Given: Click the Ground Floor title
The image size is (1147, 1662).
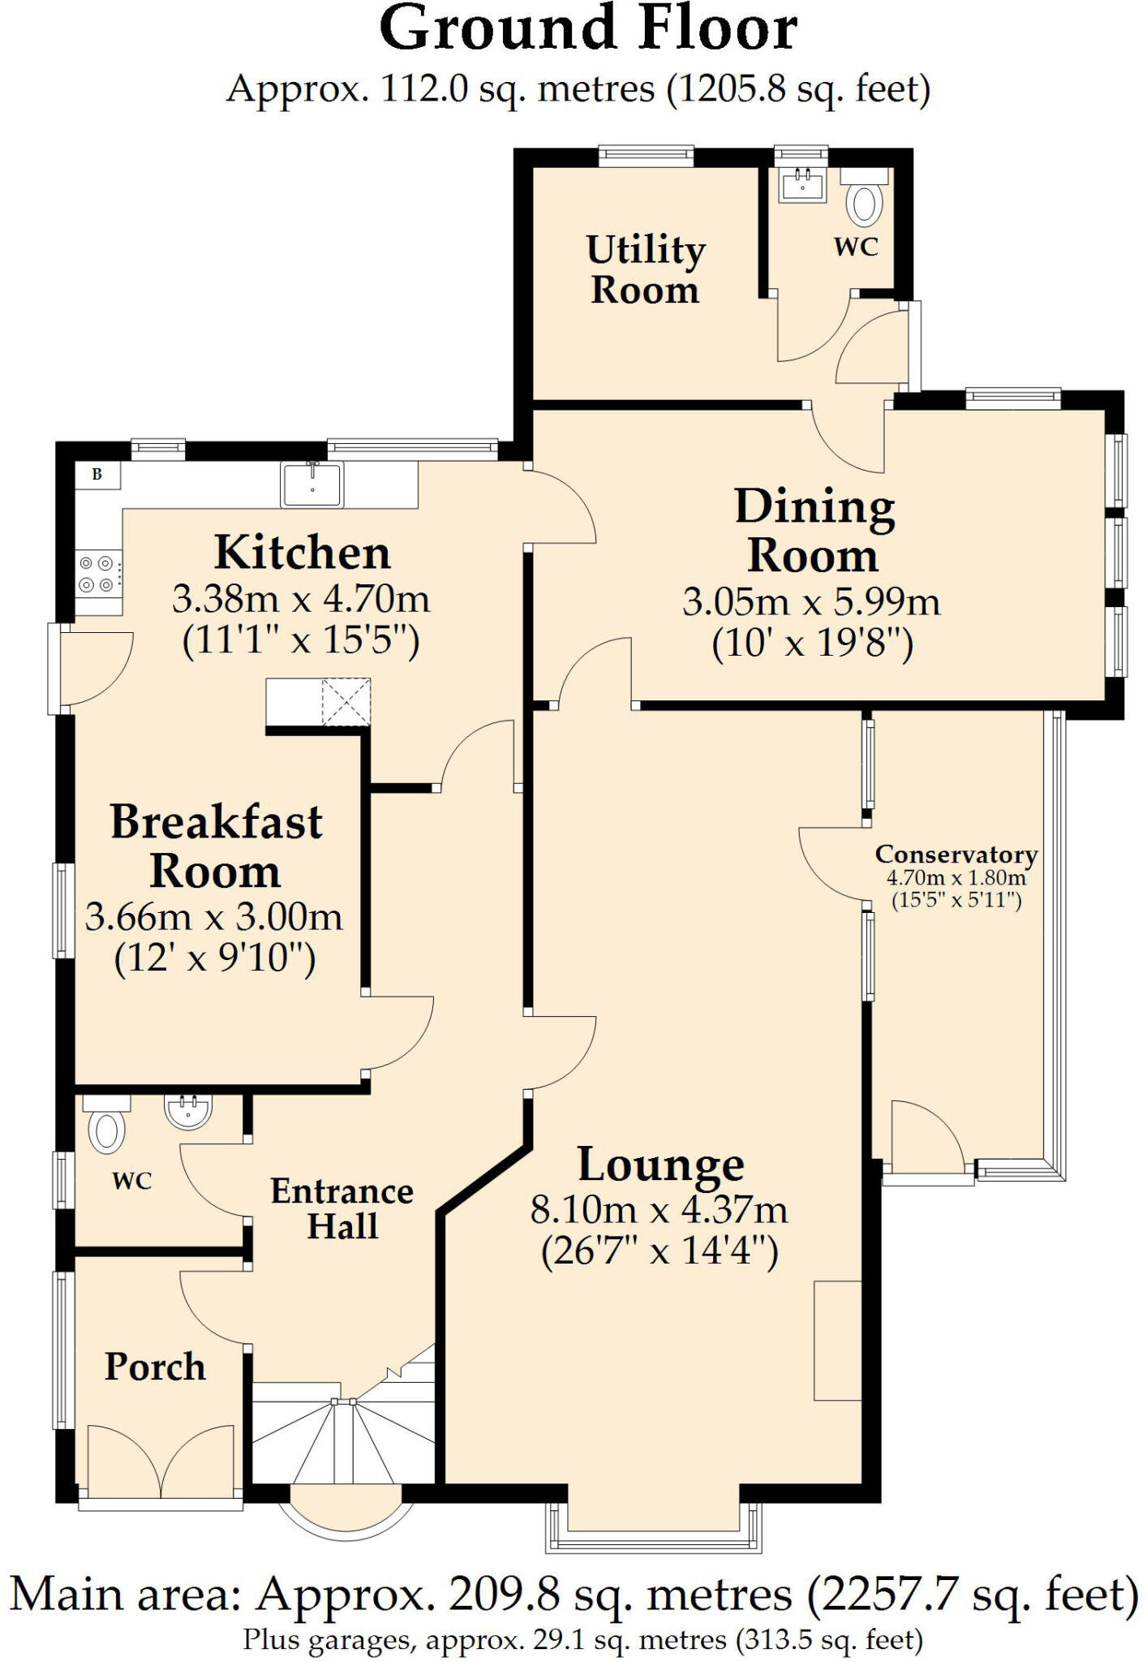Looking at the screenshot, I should click(x=588, y=29).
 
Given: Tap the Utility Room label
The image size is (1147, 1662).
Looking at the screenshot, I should click(x=645, y=269).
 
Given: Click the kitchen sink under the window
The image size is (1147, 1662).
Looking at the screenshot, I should click(x=311, y=484).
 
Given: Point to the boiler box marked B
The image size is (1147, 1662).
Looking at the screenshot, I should click(x=97, y=475).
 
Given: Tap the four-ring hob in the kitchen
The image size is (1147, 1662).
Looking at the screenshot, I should click(x=97, y=574).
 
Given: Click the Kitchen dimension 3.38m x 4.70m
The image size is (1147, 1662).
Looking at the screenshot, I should click(x=300, y=600).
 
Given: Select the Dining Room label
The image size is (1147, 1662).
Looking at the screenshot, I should click(x=814, y=531).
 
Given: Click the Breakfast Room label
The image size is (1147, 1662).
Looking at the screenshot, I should click(x=216, y=846).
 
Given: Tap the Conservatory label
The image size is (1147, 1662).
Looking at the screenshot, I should click(x=956, y=855).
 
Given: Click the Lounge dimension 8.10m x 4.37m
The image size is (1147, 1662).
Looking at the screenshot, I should click(x=659, y=1210).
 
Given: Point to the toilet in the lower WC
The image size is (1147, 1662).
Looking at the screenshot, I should click(x=106, y=1130).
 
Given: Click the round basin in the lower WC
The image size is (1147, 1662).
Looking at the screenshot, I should click(x=188, y=1110).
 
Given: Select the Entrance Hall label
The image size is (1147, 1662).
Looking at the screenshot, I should click(x=342, y=1208).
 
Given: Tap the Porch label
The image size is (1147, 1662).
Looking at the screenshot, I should click(x=155, y=1367).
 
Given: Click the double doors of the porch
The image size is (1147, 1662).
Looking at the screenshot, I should click(x=161, y=1462).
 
